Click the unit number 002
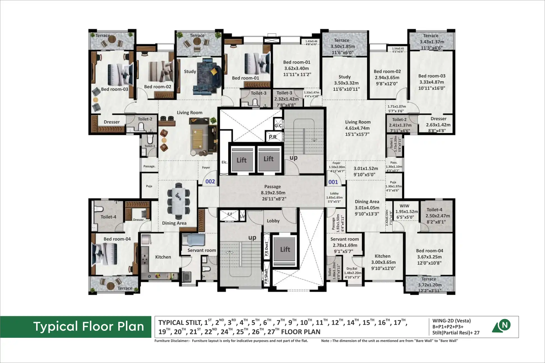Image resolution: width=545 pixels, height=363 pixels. pyautogui.click(x=210, y=182)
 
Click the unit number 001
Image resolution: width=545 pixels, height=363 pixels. pyautogui.click(x=333, y=182)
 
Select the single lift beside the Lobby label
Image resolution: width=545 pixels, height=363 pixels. pyautogui.click(x=285, y=250)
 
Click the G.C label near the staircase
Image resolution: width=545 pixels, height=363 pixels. pyautogui.click(x=278, y=125)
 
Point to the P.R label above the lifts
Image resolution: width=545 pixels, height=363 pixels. pyautogui.click(x=272, y=137)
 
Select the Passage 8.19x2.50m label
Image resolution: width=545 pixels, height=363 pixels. pyautogui.click(x=272, y=193)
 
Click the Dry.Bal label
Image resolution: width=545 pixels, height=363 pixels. pyautogui.click(x=352, y=269)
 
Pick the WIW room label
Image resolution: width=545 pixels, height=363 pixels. pyautogui.click(x=404, y=206)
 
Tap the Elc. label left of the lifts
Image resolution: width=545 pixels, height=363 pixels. pyautogui.click(x=224, y=162)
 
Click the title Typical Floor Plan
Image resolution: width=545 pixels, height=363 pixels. pyautogui.click(x=88, y=327)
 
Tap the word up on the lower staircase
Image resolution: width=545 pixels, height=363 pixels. pyautogui.click(x=252, y=238)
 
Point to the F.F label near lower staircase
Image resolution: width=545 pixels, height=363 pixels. pyautogui.click(x=230, y=214)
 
